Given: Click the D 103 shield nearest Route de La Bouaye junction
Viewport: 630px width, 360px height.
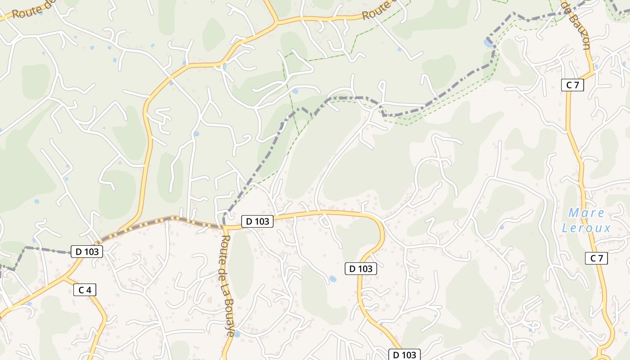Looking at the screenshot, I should tap(257, 221).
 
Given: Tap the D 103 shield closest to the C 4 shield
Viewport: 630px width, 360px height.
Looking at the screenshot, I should tap(87, 252).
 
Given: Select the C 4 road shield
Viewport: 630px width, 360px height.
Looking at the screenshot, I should tap(85, 290).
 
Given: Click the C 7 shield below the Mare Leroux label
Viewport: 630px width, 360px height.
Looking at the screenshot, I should tap(596, 258).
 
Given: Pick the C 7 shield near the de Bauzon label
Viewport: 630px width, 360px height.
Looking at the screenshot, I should tap(572, 85).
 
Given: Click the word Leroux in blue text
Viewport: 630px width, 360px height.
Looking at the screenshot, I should tap(586, 228).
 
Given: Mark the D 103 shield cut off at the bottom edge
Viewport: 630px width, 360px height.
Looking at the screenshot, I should tap(405, 355).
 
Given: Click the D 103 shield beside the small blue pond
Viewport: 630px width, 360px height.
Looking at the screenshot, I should tap(360, 269).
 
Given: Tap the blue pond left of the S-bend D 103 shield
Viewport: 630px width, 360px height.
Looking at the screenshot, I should tap(333, 279).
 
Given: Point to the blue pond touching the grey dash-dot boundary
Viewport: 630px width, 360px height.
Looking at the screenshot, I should tap(488, 43).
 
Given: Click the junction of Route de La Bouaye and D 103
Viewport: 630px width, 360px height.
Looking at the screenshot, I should tap(224, 227).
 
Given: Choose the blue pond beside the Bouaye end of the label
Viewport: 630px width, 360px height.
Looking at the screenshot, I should tap(237, 334).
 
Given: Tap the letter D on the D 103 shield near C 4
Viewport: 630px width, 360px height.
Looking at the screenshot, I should tap(78, 252).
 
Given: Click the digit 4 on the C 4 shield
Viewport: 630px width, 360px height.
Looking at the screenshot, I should tap(89, 290).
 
